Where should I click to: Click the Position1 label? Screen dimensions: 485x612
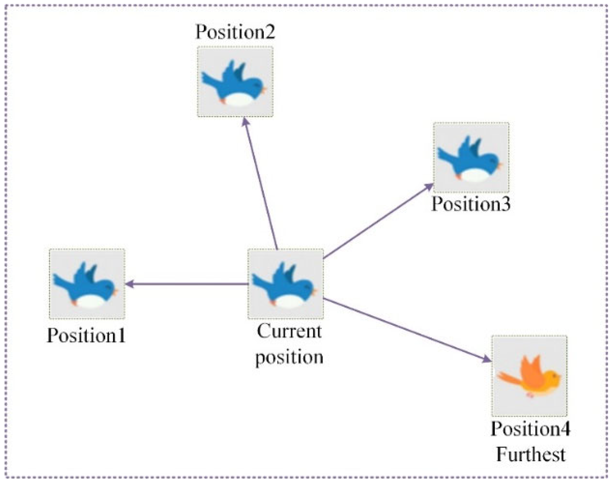[x=86, y=336]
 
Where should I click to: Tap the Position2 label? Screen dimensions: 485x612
[x=235, y=32]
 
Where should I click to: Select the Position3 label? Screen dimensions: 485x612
[x=471, y=204]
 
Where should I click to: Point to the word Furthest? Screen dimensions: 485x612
[x=530, y=455]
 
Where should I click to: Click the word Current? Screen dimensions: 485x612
[x=289, y=331]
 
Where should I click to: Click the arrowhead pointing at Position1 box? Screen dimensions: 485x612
[x=129, y=284]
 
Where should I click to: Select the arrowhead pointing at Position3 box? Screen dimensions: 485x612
[x=429, y=186]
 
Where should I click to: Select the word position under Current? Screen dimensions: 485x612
[x=289, y=357]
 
